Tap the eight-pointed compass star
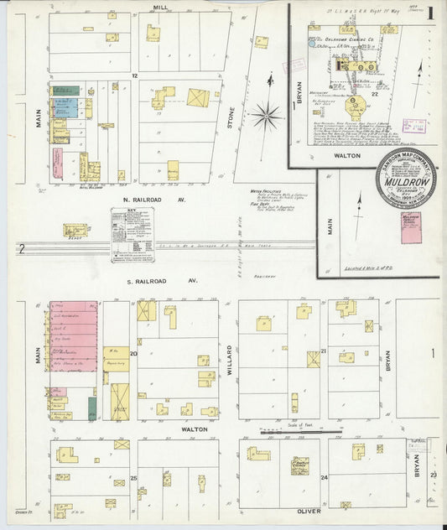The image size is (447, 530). coord(268,113)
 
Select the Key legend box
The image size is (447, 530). coord(133,234)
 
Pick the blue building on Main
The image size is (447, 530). coord(65,108)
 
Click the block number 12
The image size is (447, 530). coord(134,75)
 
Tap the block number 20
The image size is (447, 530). coord(133,354)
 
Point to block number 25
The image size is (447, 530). coord(133,477)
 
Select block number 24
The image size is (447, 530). coord(323,477)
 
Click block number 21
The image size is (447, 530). coord(323,352)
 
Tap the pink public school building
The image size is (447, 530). coord(410,227)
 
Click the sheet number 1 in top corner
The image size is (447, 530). coord(429,13)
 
